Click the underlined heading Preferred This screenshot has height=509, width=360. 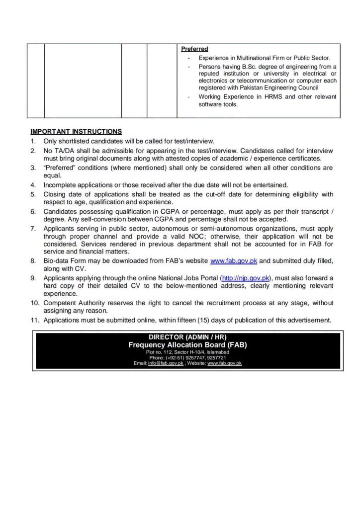coord(194,49)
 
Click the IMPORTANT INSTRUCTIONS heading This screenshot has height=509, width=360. coord(76,132)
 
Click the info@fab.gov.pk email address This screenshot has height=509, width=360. coord(166,364)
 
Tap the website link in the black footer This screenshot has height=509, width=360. coord(224,364)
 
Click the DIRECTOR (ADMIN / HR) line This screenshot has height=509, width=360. coord(187,337)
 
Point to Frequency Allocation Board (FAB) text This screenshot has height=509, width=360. coord(187,345)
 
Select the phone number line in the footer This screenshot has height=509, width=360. coord(187,358)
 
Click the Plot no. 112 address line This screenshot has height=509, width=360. coord(187,352)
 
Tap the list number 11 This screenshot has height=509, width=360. coord(34,321)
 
